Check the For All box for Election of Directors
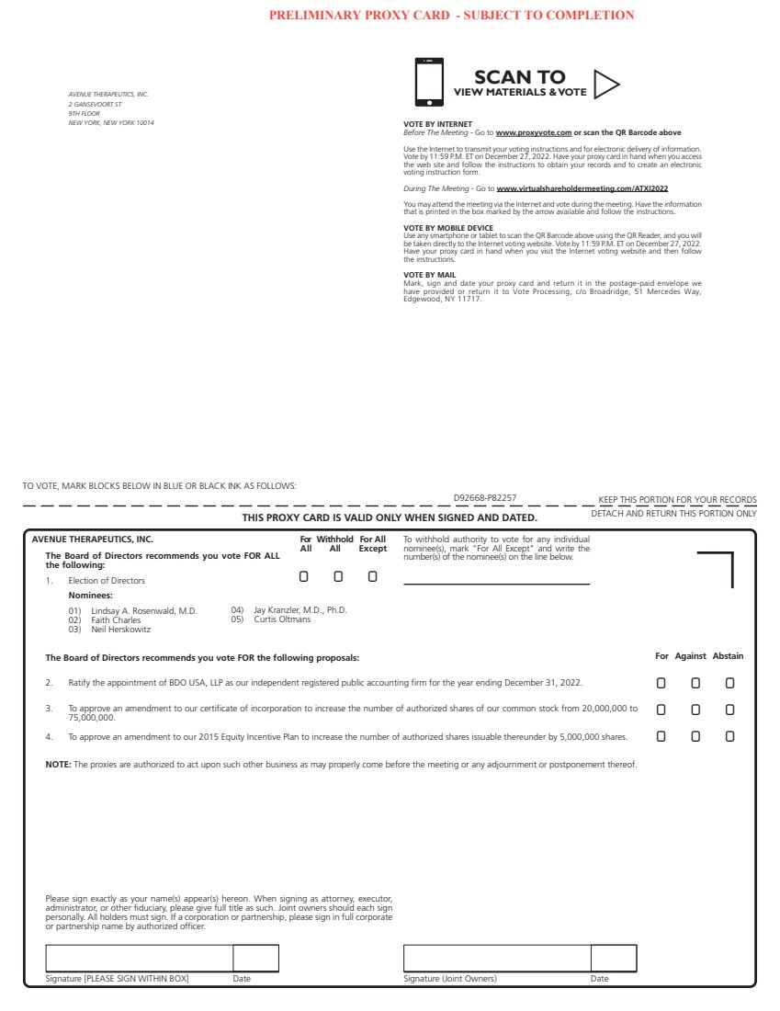pyautogui.click(x=304, y=576)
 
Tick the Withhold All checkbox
pyautogui.click(x=338, y=576)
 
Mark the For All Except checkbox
pyautogui.click(x=372, y=576)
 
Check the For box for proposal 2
pyautogui.click(x=661, y=683)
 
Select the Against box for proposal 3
pyautogui.click(x=695, y=710)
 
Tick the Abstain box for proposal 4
pyautogui.click(x=729, y=736)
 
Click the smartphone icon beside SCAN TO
pyautogui.click(x=429, y=82)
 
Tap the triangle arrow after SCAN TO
pyautogui.click(x=605, y=84)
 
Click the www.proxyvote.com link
pyautogui.click(x=533, y=133)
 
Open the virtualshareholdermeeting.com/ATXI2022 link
pyautogui.click(x=582, y=188)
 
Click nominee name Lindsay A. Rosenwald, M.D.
pyautogui.click(x=144, y=610)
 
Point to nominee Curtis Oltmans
pyautogui.click(x=282, y=619)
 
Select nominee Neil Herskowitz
pyautogui.click(x=121, y=630)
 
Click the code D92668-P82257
pyautogui.click(x=485, y=498)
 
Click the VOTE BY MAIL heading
pyautogui.click(x=429, y=274)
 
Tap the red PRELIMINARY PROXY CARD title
pyautogui.click(x=451, y=15)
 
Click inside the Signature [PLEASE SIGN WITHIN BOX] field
pyautogui.click(x=139, y=958)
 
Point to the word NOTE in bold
pyautogui.click(x=58, y=765)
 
